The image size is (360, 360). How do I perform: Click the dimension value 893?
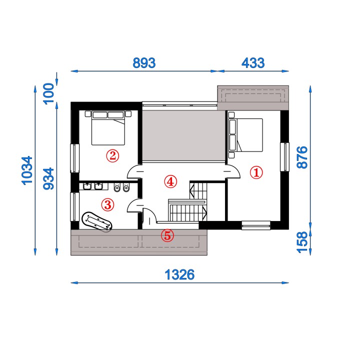144,63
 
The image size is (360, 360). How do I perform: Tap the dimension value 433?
253,63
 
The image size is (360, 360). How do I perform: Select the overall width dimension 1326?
179,274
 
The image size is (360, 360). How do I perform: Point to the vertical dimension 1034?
27,170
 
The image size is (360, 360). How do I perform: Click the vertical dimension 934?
48,178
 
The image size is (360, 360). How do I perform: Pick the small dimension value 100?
48,93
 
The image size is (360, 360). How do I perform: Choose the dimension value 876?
302,157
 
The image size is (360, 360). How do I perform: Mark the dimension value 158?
302,242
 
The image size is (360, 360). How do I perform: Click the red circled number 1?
256,172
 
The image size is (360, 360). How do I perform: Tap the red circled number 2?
112,156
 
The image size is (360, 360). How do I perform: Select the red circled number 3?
107,204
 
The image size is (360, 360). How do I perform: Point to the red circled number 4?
170,181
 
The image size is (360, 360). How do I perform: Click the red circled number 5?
167,235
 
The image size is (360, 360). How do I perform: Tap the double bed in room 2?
108,128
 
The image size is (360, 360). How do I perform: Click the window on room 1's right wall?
284,157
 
